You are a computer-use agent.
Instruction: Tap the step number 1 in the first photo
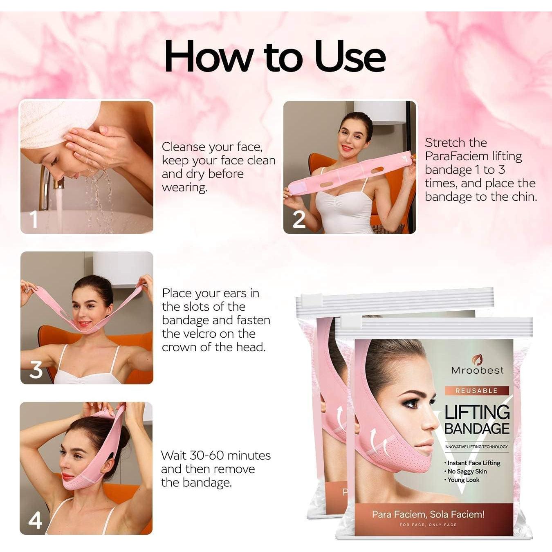tap(34, 219)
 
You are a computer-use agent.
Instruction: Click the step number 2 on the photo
tap(299, 220)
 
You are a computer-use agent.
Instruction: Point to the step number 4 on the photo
tap(35, 520)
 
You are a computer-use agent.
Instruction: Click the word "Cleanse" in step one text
tap(183, 147)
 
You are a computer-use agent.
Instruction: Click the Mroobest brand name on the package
tap(477, 370)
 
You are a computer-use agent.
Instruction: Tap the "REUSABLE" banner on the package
tap(476, 390)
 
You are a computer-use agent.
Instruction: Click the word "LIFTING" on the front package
tap(477, 412)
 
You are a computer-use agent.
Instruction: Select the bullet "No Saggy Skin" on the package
tap(467, 471)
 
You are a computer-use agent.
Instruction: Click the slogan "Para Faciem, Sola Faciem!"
tap(428, 514)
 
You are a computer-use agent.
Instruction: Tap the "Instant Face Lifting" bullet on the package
tap(473, 463)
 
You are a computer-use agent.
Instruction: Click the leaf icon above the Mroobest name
tap(477, 359)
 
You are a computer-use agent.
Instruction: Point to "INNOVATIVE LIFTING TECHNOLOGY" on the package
tap(476, 447)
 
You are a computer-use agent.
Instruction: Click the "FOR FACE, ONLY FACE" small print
tap(428, 525)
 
